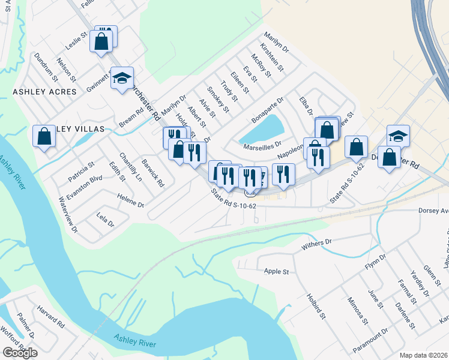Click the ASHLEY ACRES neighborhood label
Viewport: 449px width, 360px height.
[x=45, y=92]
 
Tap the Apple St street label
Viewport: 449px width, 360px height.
[x=276, y=271]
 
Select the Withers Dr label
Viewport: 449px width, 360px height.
[x=317, y=243]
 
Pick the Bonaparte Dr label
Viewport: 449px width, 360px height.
[x=267, y=111]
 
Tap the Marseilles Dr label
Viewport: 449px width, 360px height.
[x=262, y=145]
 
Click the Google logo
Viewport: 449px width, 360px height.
[x=20, y=353]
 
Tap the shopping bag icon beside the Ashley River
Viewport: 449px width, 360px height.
[x=44, y=136]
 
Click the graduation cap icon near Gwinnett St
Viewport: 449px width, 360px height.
[x=122, y=77]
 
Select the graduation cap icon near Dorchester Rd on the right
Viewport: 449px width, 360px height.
[x=398, y=135]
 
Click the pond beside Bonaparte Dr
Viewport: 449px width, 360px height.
[x=270, y=127]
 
